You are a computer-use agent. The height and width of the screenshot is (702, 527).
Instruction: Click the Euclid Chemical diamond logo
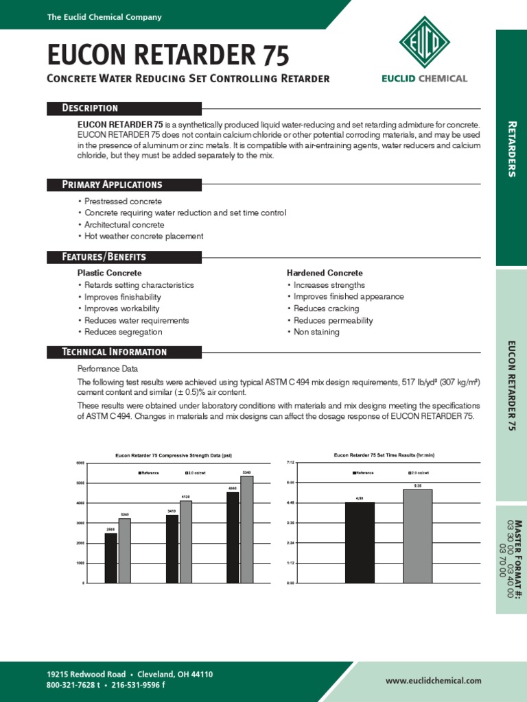[424, 43]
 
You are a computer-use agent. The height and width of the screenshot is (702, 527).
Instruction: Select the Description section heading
[90, 108]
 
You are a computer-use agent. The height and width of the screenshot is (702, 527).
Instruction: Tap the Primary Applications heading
[112, 184]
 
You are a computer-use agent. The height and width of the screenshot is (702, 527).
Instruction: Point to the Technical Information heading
[114, 352]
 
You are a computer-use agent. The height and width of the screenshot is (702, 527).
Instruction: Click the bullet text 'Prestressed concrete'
[123, 202]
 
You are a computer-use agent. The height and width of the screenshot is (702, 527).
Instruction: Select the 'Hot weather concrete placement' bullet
[143, 237]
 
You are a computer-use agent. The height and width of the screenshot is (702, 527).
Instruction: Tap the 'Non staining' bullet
[316, 332]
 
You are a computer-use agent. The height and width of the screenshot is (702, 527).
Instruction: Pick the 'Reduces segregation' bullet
[123, 332]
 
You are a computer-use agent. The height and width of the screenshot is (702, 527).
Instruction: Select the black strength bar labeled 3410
[172, 548]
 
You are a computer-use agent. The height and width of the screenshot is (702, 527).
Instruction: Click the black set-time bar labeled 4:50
[360, 542]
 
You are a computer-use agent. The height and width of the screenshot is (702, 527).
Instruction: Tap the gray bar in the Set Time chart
[417, 536]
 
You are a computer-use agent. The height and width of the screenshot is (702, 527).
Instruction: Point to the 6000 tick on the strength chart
[80, 463]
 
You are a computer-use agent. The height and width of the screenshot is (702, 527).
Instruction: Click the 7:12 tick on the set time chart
[290, 463]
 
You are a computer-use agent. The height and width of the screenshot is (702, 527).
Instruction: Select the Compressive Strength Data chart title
[174, 455]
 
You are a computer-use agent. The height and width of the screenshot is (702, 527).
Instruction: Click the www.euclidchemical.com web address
[433, 681]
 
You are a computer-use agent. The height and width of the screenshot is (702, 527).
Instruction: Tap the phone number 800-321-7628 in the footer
[73, 685]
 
